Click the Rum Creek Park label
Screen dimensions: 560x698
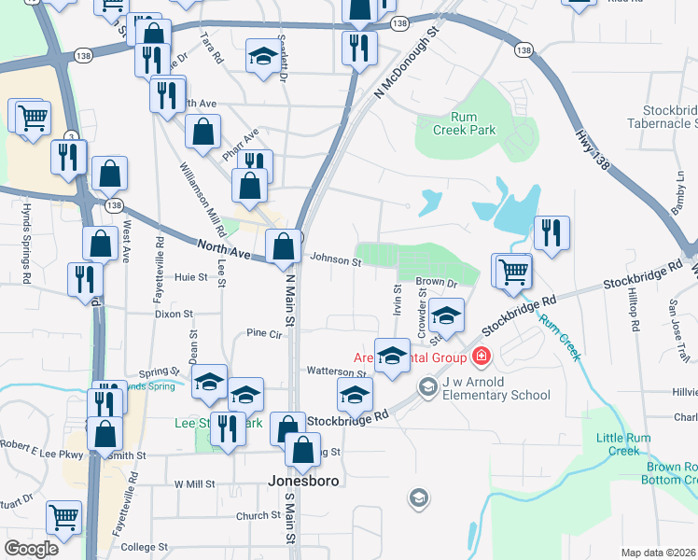[464, 124]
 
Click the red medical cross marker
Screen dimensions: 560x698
[481, 356]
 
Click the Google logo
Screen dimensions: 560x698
[31, 548]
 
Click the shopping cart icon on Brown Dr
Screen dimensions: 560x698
[512, 272]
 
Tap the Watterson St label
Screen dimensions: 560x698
[337, 372]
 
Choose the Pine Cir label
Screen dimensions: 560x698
[264, 333]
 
